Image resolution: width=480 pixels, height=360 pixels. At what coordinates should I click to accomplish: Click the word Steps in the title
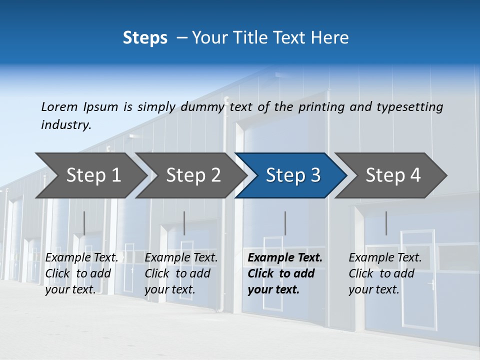click(145, 38)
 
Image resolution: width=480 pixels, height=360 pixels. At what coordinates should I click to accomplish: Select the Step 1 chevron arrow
click(90, 175)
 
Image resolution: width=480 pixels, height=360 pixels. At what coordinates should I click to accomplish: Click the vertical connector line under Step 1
click(84, 223)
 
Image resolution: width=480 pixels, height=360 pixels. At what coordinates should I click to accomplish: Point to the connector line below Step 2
click(184, 223)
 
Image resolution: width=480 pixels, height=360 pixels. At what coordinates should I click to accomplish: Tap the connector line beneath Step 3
click(285, 223)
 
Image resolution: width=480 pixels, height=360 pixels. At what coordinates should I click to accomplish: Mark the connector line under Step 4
click(386, 223)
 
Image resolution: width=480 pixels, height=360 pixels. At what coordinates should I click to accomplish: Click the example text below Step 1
click(81, 273)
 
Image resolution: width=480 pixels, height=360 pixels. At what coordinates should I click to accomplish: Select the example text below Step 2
click(181, 273)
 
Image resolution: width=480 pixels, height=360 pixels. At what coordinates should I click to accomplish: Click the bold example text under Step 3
click(285, 273)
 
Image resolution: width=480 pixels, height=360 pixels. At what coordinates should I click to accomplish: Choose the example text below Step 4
click(385, 273)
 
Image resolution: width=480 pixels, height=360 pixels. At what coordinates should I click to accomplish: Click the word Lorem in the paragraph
click(59, 107)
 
